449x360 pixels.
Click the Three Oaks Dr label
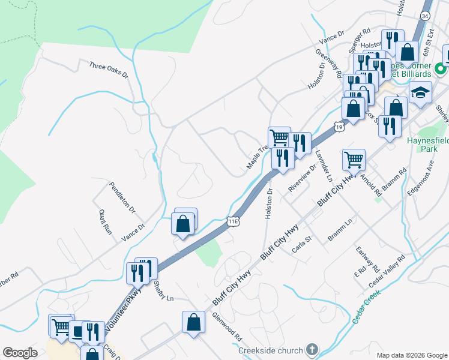click(x=109, y=70)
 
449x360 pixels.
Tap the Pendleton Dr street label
click(x=122, y=197)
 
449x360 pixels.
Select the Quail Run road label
click(x=105, y=221)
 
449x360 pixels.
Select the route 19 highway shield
click(x=339, y=127)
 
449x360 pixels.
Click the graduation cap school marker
click(x=421, y=94)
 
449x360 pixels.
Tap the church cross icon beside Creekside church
click(x=312, y=349)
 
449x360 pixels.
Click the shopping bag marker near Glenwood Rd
click(x=194, y=322)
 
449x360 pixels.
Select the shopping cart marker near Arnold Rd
click(x=354, y=160)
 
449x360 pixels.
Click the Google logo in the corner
click(x=20, y=353)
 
